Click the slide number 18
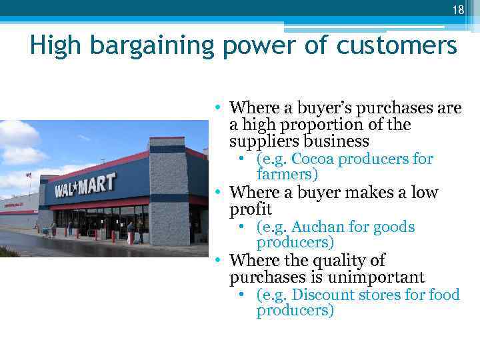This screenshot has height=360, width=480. [458, 9]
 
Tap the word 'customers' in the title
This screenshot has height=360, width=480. [398, 46]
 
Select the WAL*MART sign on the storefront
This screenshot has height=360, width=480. [85, 185]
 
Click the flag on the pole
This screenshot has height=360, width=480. [28, 175]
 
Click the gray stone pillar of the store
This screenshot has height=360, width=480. [168, 193]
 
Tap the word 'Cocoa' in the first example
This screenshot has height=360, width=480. [315, 159]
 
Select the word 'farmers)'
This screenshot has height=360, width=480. [287, 175]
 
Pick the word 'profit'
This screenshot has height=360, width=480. [251, 209]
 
